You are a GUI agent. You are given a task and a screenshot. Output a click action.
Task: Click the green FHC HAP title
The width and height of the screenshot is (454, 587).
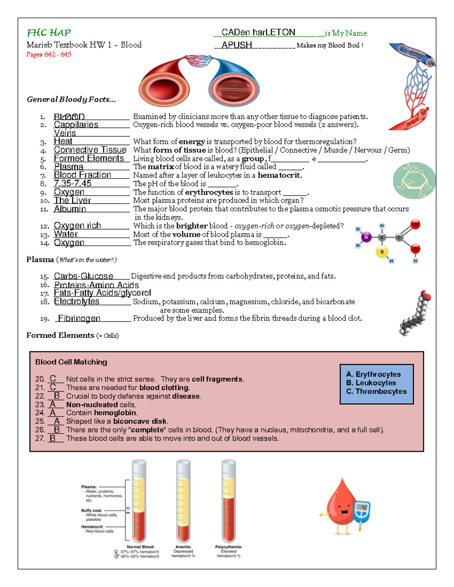click(49, 33)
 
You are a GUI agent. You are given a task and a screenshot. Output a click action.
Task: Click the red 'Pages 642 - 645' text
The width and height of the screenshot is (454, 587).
click(49, 54)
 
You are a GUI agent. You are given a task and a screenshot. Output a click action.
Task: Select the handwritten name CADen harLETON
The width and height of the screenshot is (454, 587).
click(258, 33)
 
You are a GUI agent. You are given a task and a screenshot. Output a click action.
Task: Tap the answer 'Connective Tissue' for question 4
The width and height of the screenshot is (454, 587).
click(90, 150)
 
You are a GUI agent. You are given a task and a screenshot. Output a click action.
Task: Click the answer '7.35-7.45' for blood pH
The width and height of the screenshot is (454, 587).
click(73, 184)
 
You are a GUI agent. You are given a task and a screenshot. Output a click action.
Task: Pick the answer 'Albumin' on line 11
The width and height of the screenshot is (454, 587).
click(70, 209)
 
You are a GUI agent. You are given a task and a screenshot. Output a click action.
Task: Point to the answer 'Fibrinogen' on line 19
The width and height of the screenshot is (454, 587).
click(79, 319)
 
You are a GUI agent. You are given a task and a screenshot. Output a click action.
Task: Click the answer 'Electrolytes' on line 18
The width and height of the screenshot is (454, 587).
click(77, 302)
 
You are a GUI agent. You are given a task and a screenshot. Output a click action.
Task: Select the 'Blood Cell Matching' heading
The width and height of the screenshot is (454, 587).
click(71, 362)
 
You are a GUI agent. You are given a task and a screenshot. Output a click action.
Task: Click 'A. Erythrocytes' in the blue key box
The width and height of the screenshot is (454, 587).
click(373, 374)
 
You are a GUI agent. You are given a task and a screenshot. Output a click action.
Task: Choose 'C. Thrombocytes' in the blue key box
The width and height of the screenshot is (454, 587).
click(376, 392)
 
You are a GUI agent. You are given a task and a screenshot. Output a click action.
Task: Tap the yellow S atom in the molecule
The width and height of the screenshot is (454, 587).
click(382, 252)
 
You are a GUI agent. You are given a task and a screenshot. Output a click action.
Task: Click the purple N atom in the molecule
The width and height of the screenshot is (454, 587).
click(366, 237)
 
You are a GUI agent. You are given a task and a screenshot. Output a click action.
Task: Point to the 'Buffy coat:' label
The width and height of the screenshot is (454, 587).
click(92, 510)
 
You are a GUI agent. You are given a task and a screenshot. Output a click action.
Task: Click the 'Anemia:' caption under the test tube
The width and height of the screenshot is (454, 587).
click(183, 547)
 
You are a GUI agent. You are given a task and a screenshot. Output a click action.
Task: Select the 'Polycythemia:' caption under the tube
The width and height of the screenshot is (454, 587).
click(229, 547)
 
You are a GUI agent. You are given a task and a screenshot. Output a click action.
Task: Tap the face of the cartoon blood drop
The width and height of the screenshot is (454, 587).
click(344, 508)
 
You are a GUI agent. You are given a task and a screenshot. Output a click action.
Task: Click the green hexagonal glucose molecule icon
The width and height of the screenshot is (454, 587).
click(414, 181)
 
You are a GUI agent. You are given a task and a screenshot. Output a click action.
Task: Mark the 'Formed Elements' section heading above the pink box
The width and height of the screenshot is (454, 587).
click(60, 336)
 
